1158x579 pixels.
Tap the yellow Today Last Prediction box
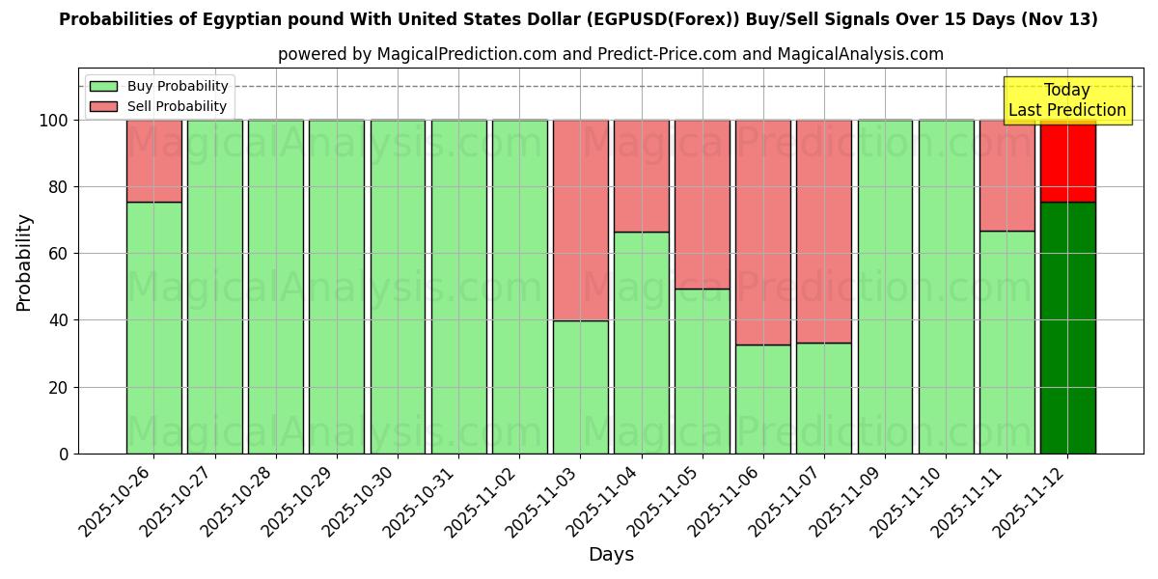1066,100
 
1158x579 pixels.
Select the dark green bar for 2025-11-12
1067,327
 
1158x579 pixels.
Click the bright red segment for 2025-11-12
1067,161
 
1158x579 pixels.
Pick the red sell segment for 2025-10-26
153,161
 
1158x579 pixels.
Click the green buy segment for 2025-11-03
580,386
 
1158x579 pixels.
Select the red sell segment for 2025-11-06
762,232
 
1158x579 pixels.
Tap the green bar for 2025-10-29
337,287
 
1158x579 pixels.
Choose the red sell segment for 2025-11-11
1006,175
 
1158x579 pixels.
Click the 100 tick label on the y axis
54,121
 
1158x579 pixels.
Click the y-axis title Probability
24,262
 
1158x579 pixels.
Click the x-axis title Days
611,555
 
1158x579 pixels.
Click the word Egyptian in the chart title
207,19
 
